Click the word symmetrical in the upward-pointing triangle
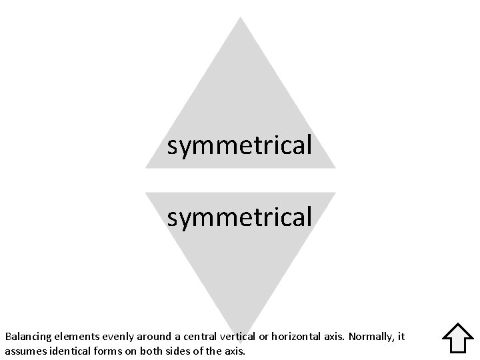pos(239,145)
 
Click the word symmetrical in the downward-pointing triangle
pos(239,216)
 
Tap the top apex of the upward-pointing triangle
pos(240,18)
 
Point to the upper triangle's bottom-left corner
pos(146,167)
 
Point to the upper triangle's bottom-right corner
pos(335,167)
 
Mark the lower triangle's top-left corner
pos(146,193)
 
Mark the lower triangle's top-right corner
pos(335,193)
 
